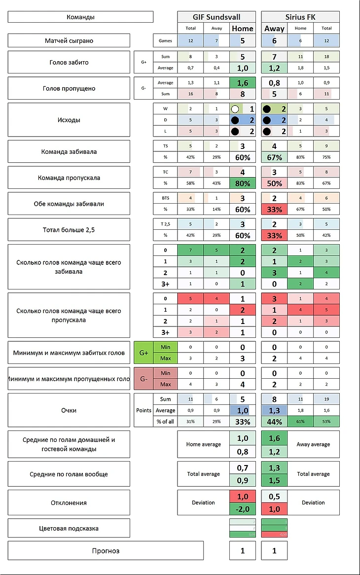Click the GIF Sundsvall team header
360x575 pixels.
pyautogui.click(x=216, y=17)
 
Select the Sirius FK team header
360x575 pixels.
pyautogui.click(x=300, y=17)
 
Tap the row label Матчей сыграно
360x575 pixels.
pyautogui.click(x=69, y=40)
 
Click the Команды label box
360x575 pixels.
pyautogui.click(x=80, y=17)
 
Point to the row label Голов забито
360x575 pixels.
pyautogui.click(x=69, y=63)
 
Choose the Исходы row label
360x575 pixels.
pyautogui.click(x=69, y=119)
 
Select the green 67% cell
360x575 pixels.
pyautogui.click(x=274, y=157)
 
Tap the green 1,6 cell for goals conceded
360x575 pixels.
pyautogui.click(x=242, y=83)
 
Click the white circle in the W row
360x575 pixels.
pyautogui.click(x=235, y=108)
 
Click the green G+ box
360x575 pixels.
pyautogui.click(x=144, y=353)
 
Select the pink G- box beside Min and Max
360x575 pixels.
pyautogui.click(x=144, y=379)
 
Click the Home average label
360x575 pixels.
pyautogui.click(x=203, y=444)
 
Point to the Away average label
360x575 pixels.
pyautogui.click(x=313, y=444)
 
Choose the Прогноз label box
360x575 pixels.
pyautogui.click(x=106, y=550)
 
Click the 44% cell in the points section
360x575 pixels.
pyautogui.click(x=274, y=422)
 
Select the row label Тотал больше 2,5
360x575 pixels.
pyautogui.click(x=69, y=230)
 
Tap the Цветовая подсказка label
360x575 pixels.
pyautogui.click(x=69, y=528)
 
